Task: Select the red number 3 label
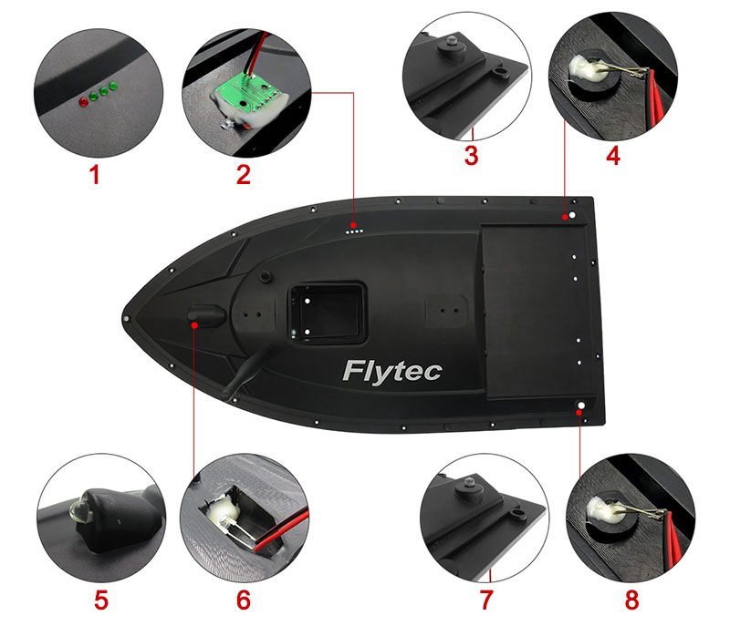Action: click(471, 155)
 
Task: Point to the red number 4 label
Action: click(612, 155)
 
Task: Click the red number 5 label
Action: click(101, 600)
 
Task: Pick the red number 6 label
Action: click(243, 600)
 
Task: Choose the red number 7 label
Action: click(485, 600)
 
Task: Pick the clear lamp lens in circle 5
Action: click(78, 504)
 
